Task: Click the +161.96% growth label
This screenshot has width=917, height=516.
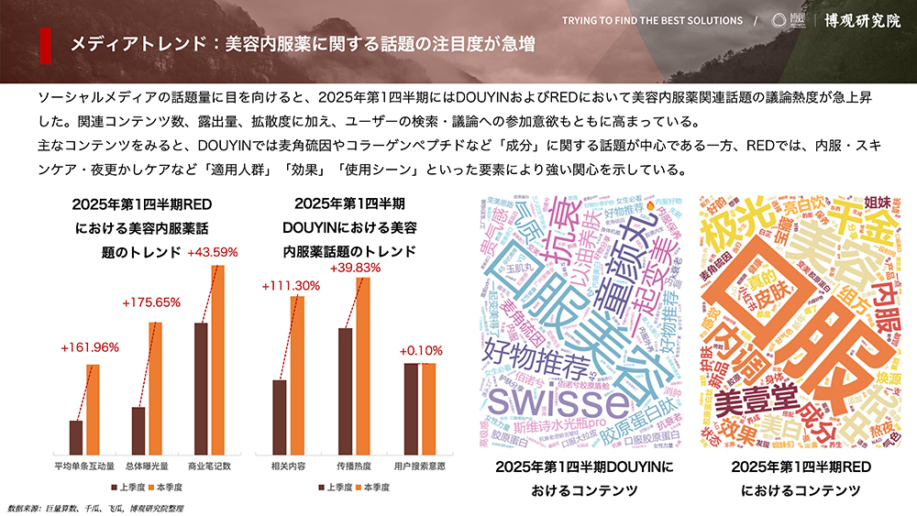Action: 89,348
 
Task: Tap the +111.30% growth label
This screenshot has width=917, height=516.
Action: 291,285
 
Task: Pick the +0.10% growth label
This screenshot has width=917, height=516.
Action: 421,349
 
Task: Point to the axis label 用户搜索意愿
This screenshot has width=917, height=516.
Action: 420,466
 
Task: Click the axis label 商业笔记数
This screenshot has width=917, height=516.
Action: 209,466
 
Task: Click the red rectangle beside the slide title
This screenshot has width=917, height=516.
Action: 46,43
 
